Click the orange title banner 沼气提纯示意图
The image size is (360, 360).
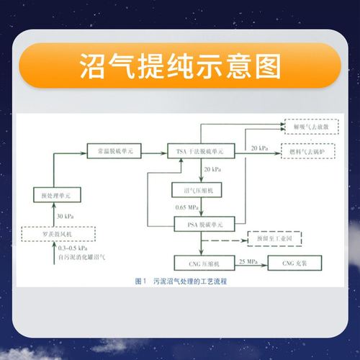tap(180, 66)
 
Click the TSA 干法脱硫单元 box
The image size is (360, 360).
tap(200, 151)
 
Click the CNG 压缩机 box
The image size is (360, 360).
tap(199, 264)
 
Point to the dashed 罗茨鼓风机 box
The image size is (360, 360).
tap(56, 232)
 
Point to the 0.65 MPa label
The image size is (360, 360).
tap(186, 208)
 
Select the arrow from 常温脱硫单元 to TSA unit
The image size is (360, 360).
tap(154, 151)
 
